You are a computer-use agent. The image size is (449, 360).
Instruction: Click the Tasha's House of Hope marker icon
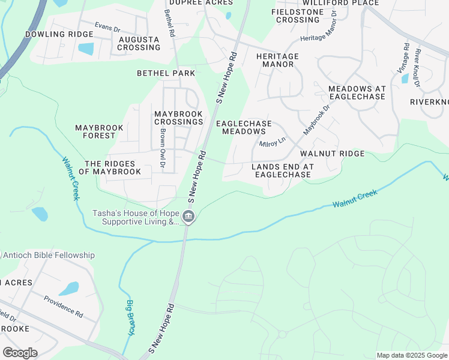[x=188, y=217]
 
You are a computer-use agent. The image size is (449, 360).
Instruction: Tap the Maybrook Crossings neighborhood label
[x=178, y=118]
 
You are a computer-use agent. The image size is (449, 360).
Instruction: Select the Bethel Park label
[x=166, y=73]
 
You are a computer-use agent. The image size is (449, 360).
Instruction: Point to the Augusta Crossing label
[x=139, y=44]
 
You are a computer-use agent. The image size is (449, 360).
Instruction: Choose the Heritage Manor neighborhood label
[x=277, y=60]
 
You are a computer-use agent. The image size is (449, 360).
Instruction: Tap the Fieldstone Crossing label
[x=298, y=16]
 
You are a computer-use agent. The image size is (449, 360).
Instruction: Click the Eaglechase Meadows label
[x=244, y=127]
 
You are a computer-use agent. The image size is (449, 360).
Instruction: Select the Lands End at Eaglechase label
[x=282, y=170]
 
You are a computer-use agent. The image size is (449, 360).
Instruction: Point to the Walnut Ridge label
[x=333, y=154]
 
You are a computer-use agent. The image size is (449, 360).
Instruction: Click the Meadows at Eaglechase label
[x=357, y=92]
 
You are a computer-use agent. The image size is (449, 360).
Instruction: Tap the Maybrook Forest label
[x=99, y=131]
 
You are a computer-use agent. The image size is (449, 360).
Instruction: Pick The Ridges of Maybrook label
[x=113, y=167]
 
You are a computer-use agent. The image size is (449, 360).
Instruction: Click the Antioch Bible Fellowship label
[x=48, y=255]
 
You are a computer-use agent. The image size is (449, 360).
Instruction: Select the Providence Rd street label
[x=63, y=305]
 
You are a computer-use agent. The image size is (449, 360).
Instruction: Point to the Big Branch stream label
[x=130, y=317]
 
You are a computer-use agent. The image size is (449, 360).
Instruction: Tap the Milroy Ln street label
[x=272, y=142]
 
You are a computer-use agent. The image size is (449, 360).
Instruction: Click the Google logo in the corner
[x=20, y=352]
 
